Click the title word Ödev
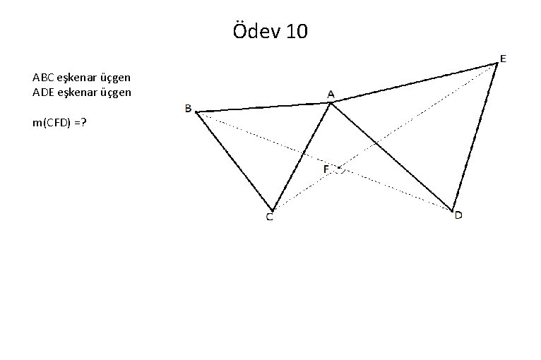point(256,32)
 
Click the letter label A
point(331,94)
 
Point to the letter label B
point(188,108)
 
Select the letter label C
point(270,217)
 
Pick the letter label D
point(458,215)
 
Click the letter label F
point(327,169)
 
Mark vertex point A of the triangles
point(331,103)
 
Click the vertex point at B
point(196,112)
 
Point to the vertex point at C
point(272,210)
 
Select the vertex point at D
point(452,210)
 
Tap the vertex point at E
point(497,64)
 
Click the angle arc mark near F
point(342,169)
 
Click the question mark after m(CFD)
point(84,123)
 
